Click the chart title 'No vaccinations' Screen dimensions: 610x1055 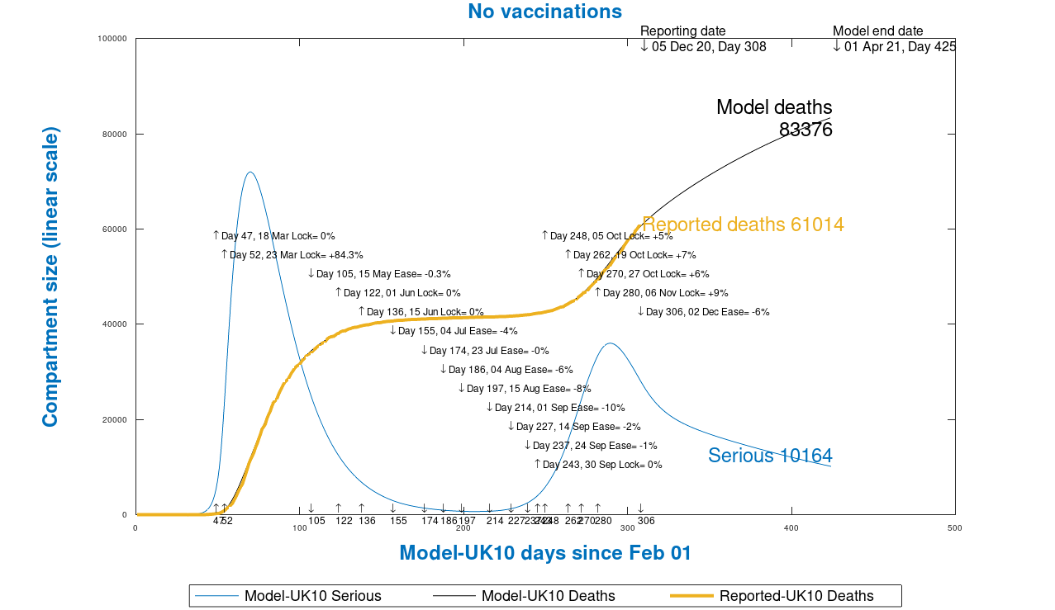[544, 12]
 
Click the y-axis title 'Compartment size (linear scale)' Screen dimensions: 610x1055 [50, 277]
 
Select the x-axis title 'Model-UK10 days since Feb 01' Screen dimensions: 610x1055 [544, 553]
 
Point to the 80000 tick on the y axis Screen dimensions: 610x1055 [112, 135]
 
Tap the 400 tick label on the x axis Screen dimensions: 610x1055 [791, 527]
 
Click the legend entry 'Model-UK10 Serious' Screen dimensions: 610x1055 [312, 596]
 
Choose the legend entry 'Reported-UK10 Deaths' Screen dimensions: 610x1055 [796, 596]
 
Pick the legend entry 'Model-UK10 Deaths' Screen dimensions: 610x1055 [548, 596]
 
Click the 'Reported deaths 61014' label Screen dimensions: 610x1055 [743, 225]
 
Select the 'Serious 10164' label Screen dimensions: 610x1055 [769, 456]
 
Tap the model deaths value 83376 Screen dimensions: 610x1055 [805, 130]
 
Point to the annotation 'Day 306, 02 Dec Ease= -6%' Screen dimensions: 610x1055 [707, 312]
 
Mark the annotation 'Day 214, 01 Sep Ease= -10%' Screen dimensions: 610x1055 [559, 408]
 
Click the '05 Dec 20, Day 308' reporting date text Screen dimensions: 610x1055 [708, 47]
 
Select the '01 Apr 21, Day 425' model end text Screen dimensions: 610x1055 [899, 47]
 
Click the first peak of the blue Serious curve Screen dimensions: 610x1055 [249, 173]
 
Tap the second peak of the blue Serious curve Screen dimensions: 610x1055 [610, 343]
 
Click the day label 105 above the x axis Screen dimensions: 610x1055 [316, 521]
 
